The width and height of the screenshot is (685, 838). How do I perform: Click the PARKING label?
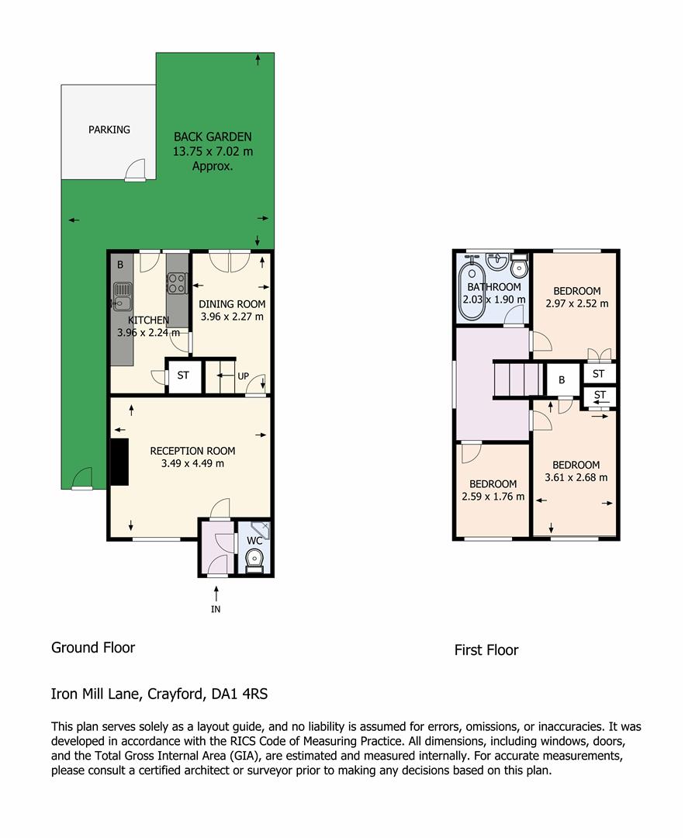click(109, 130)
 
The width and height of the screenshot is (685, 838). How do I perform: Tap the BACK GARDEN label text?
click(213, 137)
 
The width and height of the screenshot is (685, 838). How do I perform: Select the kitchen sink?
click(123, 296)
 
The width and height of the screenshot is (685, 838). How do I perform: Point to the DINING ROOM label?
click(232, 304)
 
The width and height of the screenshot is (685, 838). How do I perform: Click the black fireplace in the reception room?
click(119, 462)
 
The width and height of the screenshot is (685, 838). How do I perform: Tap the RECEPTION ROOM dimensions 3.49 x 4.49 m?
click(192, 463)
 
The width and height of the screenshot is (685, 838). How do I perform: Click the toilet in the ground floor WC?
click(254, 562)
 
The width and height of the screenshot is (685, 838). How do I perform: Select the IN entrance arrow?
click(216, 594)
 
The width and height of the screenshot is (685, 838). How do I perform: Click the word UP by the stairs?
click(243, 376)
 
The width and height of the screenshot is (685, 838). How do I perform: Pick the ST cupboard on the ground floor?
click(183, 376)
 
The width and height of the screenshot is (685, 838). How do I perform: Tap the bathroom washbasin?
click(497, 262)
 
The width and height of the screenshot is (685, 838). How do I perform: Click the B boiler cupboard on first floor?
click(562, 380)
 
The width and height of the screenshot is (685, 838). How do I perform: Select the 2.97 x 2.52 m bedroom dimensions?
click(577, 303)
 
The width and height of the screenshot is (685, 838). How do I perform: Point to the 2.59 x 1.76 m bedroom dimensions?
click(493, 497)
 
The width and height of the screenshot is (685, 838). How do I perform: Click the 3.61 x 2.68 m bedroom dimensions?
click(576, 478)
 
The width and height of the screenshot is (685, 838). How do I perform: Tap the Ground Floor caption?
click(93, 648)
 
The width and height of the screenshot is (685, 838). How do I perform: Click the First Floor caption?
click(486, 650)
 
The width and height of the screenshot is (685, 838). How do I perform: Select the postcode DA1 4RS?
click(240, 694)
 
